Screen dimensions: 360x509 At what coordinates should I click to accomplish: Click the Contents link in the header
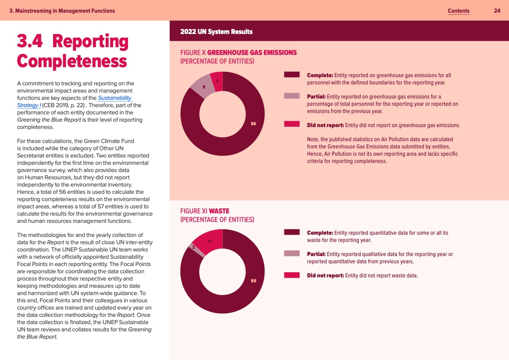click(458, 11)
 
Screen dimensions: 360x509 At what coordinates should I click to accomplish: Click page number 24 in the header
click(497, 11)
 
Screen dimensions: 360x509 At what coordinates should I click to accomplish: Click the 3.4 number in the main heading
click(29, 41)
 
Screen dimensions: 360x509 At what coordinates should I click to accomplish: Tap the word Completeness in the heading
click(72, 61)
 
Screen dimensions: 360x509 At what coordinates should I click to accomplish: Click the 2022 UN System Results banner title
click(216, 32)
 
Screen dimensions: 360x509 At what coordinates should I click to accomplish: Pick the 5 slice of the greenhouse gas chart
click(217, 81)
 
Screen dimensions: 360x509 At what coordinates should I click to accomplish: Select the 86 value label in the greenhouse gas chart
click(253, 123)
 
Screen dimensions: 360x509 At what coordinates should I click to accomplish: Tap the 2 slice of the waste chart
click(193, 247)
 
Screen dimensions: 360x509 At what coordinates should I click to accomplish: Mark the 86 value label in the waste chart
click(253, 281)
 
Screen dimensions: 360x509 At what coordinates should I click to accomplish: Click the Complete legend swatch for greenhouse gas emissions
click(291, 75)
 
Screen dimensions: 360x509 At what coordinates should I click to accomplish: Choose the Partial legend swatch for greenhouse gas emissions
click(291, 96)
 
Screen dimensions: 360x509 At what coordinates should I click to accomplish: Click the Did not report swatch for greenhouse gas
click(291, 124)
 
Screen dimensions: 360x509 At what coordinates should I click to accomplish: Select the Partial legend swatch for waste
click(291, 253)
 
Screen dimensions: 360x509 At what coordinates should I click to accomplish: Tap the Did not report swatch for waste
click(291, 275)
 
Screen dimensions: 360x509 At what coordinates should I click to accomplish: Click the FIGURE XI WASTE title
click(205, 211)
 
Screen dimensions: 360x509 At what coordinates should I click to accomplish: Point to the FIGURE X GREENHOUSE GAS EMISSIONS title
click(238, 53)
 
